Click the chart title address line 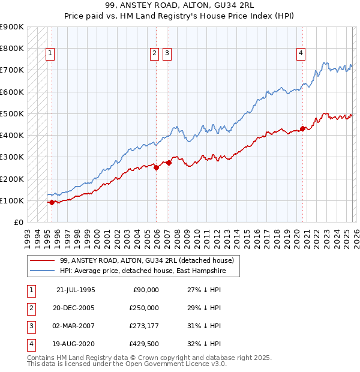coord(179,7)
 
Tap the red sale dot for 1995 coord(52,203)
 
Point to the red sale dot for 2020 coord(303,128)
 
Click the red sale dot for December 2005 coord(156,168)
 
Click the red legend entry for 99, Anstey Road coord(150,260)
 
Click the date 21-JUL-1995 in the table coord(76,290)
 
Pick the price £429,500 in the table coord(144,344)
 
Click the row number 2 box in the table coord(30,308)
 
